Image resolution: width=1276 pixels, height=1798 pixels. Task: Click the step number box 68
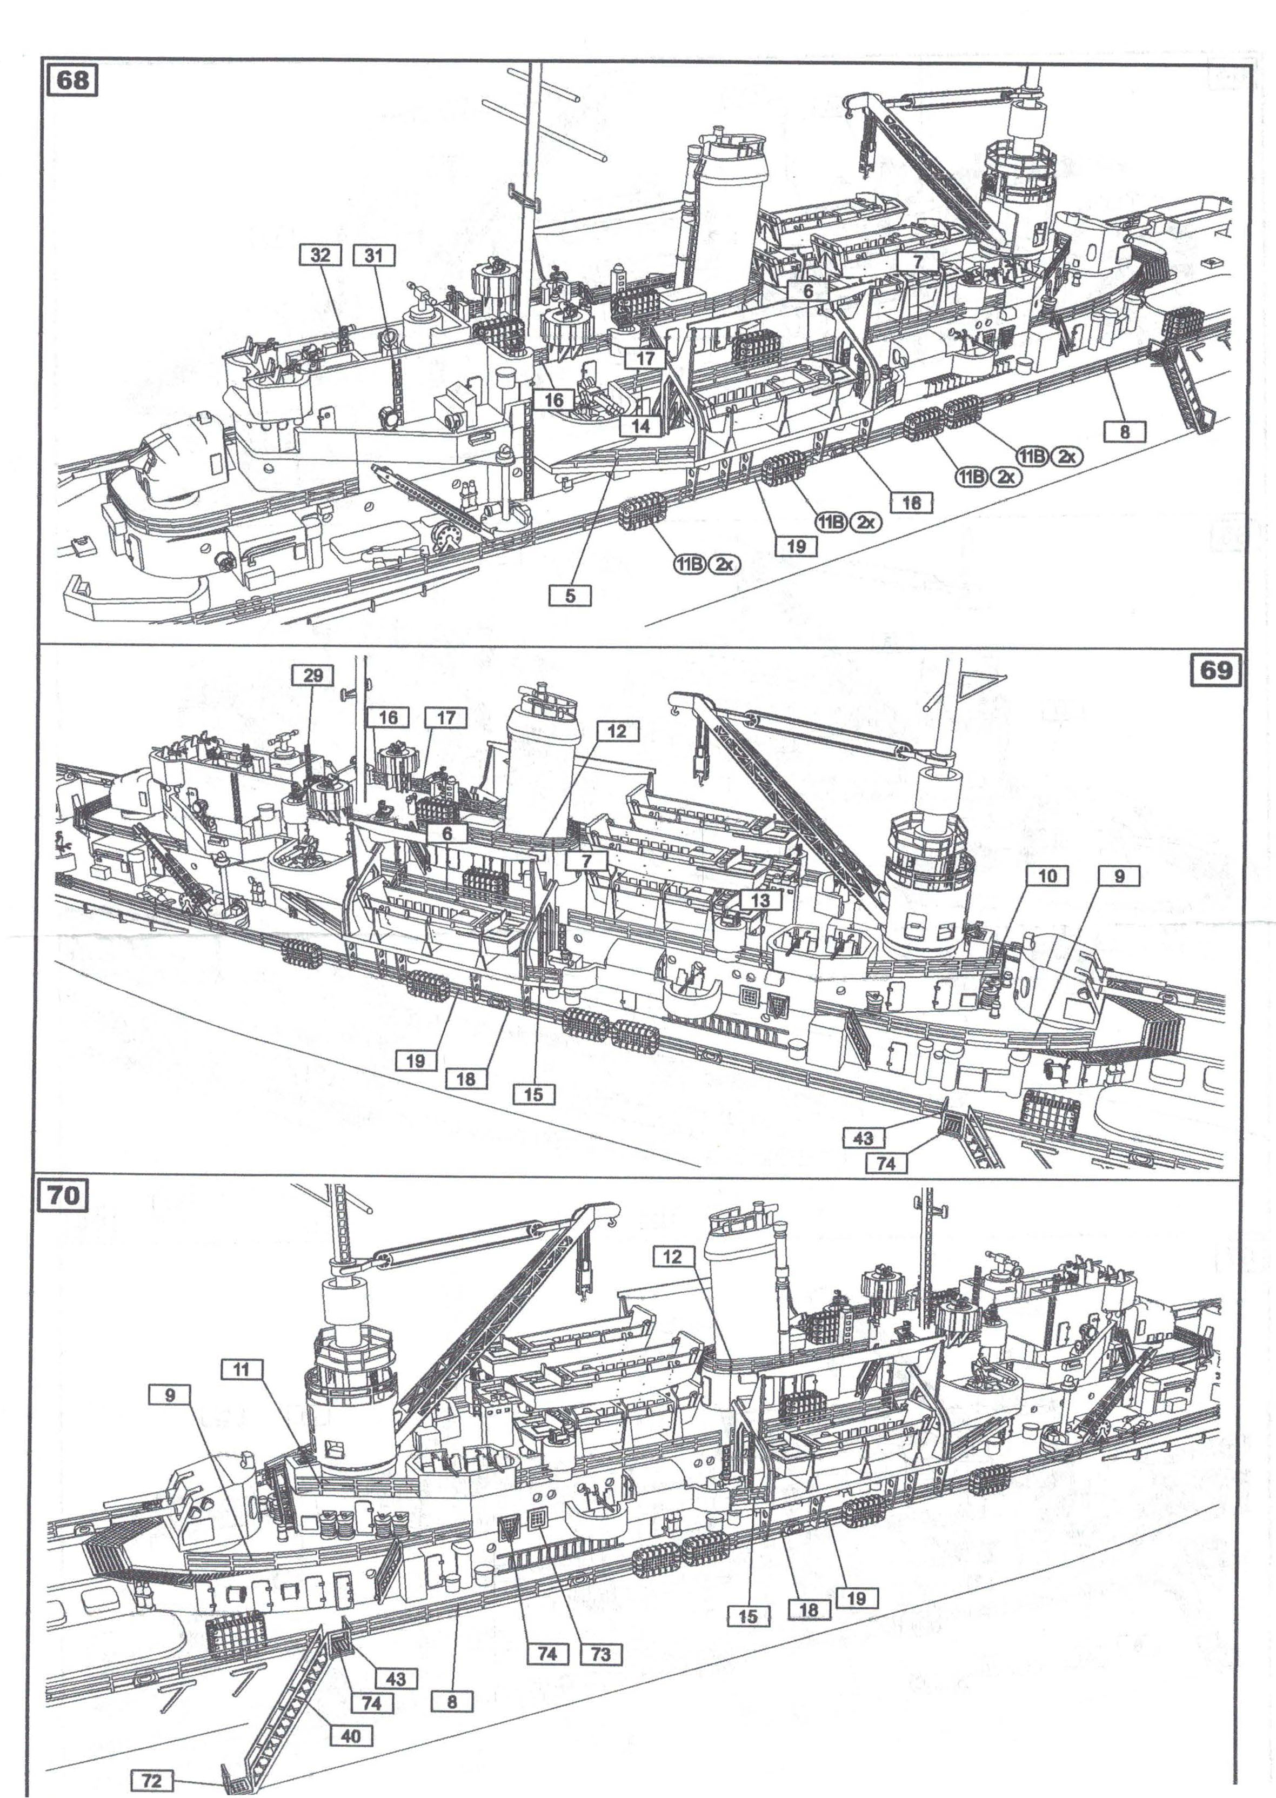pyautogui.click(x=72, y=80)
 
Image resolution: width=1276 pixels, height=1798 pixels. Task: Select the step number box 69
pyautogui.click(x=1215, y=670)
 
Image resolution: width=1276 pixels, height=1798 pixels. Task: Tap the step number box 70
pyautogui.click(x=64, y=1195)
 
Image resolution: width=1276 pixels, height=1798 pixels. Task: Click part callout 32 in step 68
pyautogui.click(x=320, y=255)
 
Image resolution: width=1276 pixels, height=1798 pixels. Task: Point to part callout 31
pyautogui.click(x=374, y=255)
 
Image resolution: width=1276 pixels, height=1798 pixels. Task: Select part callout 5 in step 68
pyautogui.click(x=570, y=596)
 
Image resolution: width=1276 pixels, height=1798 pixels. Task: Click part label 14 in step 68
pyautogui.click(x=640, y=426)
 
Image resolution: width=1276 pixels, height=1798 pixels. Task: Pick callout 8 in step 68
pyautogui.click(x=1124, y=431)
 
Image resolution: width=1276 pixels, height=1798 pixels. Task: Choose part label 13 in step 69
pyautogui.click(x=760, y=900)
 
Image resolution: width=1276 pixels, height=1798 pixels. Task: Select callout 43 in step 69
pyautogui.click(x=863, y=1138)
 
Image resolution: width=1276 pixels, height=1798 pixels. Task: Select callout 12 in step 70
pyautogui.click(x=672, y=1256)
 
